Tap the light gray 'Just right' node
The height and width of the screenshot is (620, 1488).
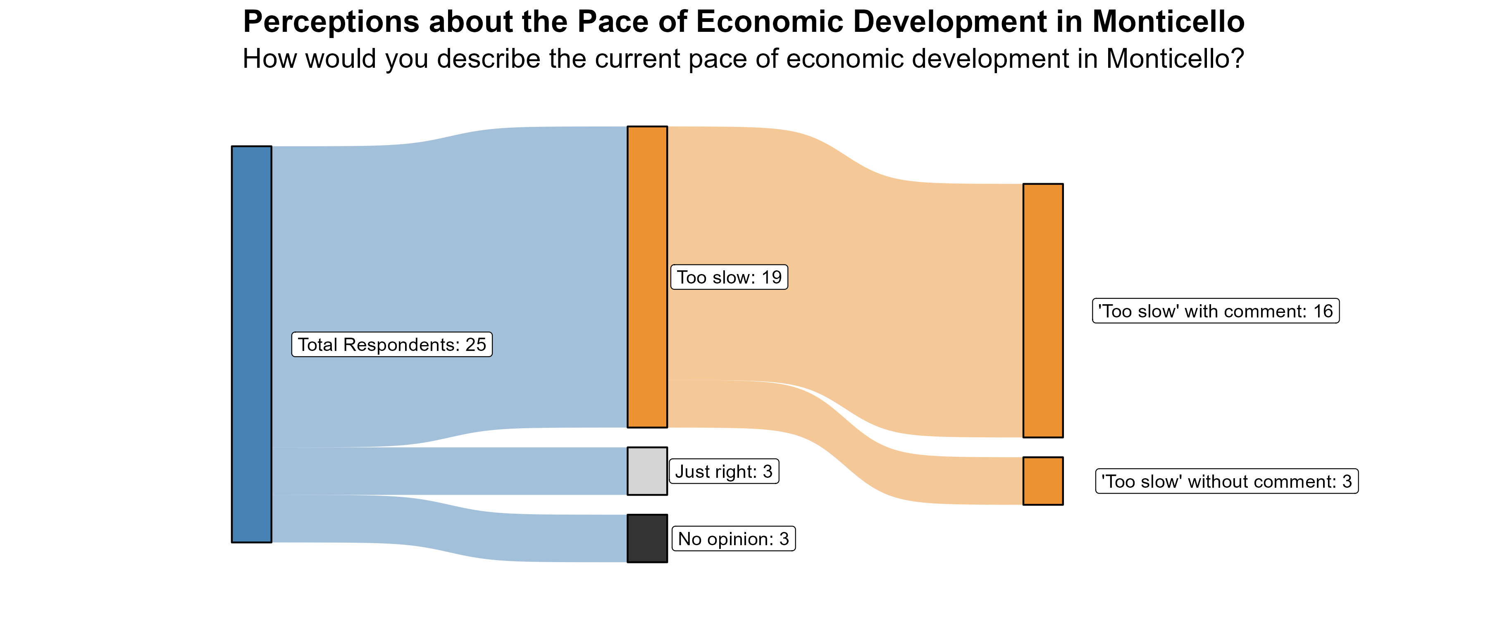point(647,471)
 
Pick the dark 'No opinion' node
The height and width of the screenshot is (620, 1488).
point(647,538)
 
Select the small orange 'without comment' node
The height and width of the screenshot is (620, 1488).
point(1043,481)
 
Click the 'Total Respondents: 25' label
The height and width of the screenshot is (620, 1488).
point(392,344)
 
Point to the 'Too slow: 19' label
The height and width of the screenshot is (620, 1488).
point(729,277)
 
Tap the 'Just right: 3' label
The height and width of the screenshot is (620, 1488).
point(724,472)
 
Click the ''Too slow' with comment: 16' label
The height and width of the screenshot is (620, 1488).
point(1215,311)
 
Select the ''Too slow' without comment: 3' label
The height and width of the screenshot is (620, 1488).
point(1226,481)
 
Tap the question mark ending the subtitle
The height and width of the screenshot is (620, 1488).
point(1237,58)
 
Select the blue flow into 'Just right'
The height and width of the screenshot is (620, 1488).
point(451,471)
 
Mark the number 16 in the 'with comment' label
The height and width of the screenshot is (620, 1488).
point(1323,311)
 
